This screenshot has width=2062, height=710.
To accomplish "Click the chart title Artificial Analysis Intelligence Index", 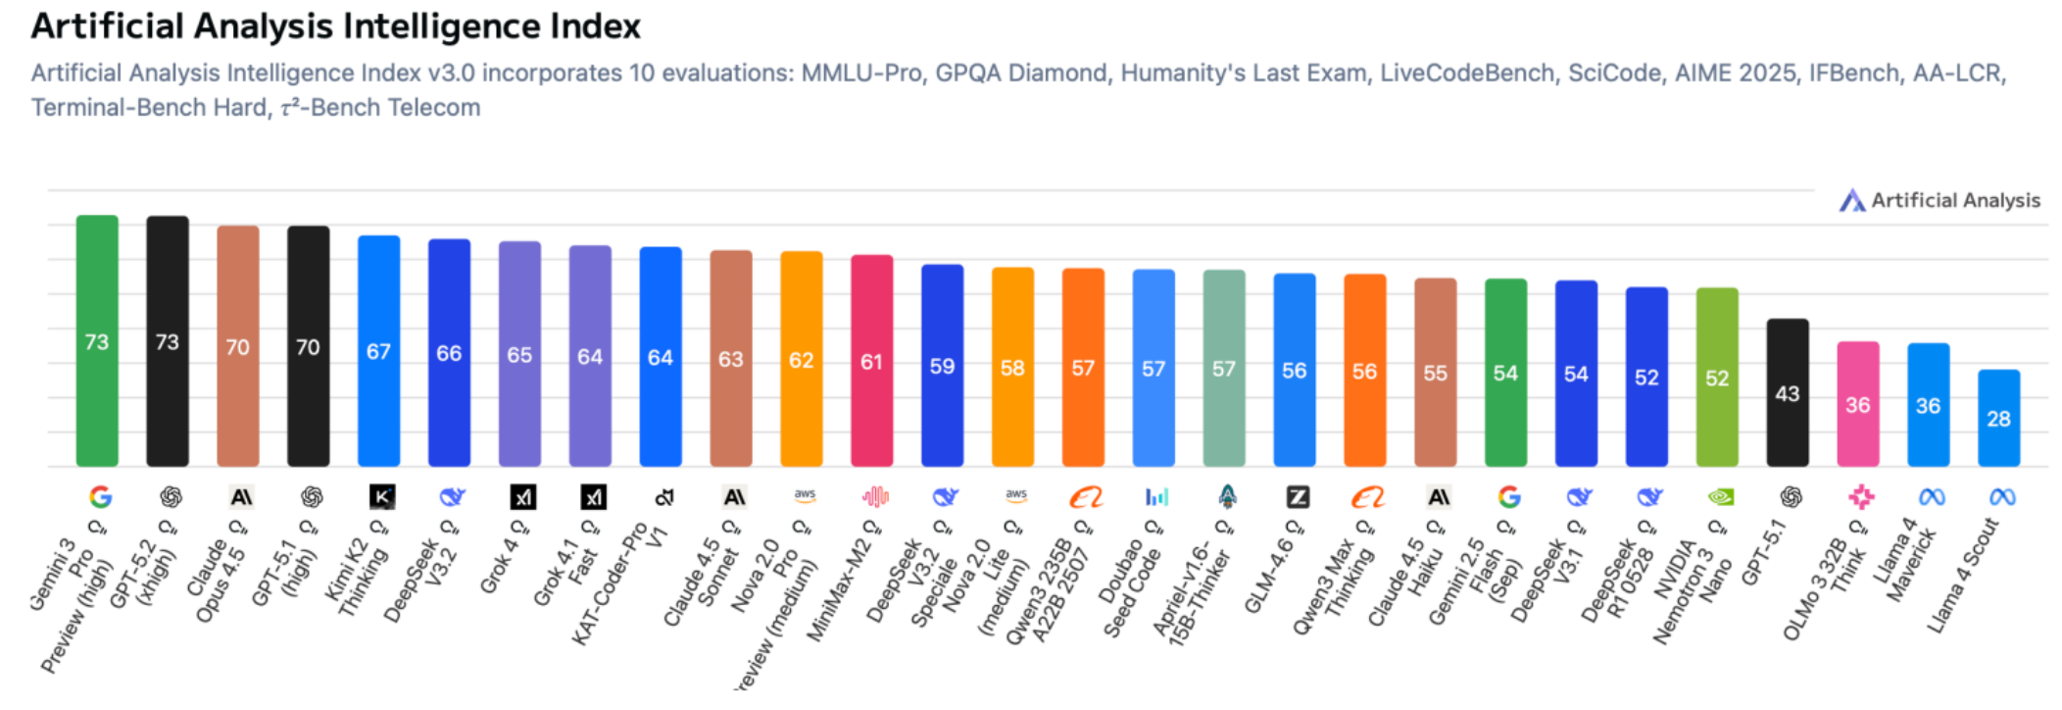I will [335, 26].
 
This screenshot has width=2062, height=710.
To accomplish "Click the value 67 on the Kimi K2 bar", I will [378, 352].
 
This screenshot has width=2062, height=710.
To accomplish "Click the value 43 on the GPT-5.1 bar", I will [1787, 394].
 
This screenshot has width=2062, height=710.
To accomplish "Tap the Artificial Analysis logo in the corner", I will [1939, 201].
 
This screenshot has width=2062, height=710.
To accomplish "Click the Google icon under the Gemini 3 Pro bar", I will [100, 497].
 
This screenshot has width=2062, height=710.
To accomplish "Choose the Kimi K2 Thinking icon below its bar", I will [382, 497].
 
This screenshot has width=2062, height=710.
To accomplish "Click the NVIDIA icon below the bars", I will [1720, 497].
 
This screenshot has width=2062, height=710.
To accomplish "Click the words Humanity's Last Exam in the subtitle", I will [1244, 74].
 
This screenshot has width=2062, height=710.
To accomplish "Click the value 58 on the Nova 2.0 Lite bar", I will [1012, 368].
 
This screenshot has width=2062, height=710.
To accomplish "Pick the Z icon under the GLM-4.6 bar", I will [1298, 497].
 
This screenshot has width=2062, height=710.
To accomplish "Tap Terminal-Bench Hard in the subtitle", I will [149, 108].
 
